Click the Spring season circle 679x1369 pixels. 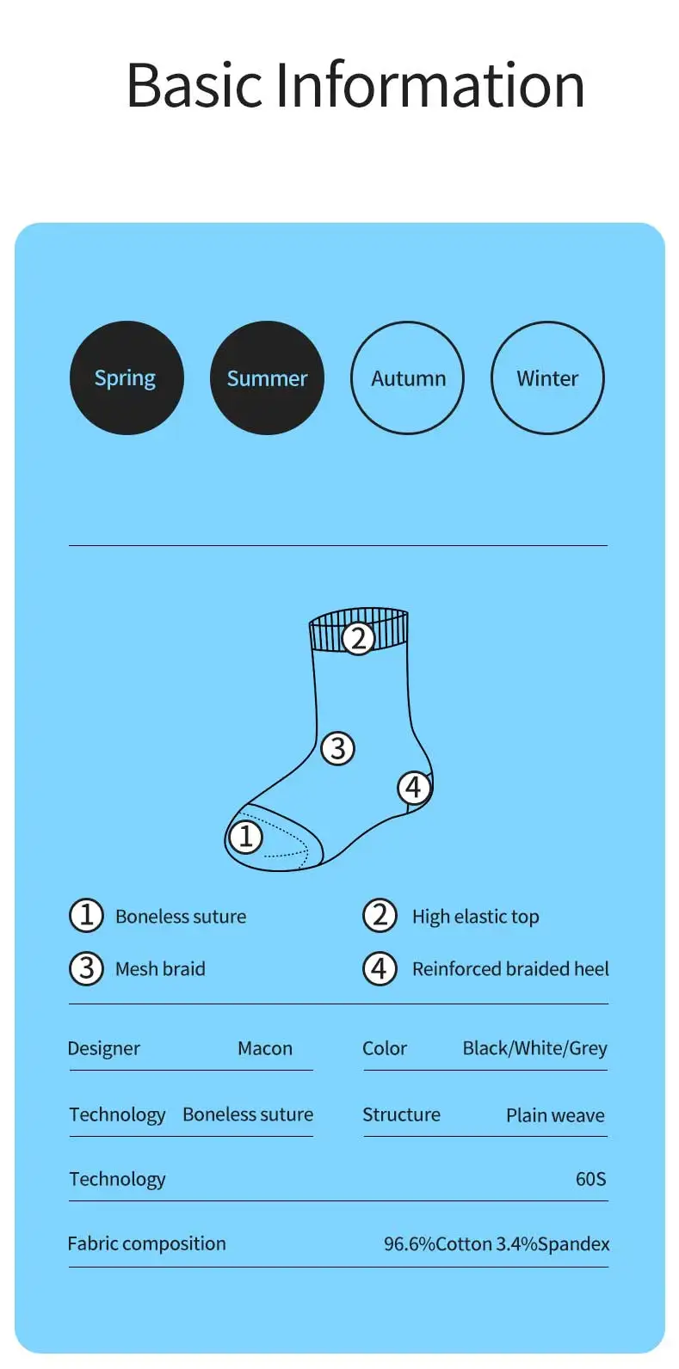point(127,378)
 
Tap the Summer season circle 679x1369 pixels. point(267,378)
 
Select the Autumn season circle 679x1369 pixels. point(407,378)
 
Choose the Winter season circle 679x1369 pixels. point(547,378)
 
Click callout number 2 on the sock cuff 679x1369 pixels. point(358,638)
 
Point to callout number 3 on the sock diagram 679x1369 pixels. point(337,748)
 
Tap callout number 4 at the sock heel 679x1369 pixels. point(414,787)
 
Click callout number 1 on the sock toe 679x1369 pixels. point(245,836)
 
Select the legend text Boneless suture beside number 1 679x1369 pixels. point(181,917)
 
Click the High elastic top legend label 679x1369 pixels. point(475,917)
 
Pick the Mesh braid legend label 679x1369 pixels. point(160,969)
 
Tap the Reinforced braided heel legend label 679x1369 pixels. point(510,969)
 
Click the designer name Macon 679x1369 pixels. point(265,1048)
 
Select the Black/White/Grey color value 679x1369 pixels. point(534,1048)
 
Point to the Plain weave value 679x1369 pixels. point(555,1115)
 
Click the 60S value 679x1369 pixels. point(590,1179)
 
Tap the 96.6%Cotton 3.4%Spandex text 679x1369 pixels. point(497,1244)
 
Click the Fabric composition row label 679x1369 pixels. point(147,1243)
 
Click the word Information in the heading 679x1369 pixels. point(429,85)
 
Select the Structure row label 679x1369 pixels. point(401,1114)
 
